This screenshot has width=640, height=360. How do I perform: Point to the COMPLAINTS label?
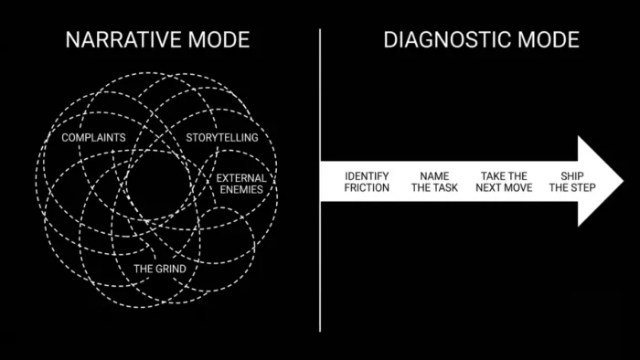click(93, 137)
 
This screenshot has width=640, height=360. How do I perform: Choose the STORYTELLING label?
click(222, 137)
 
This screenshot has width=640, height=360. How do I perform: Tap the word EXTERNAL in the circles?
click(241, 178)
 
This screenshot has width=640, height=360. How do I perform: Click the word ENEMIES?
click(241, 189)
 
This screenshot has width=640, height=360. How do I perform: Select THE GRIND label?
click(160, 269)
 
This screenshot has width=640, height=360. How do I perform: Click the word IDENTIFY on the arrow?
click(367, 176)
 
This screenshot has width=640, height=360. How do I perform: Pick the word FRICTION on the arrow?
click(367, 187)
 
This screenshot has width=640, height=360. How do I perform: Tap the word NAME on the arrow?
click(434, 176)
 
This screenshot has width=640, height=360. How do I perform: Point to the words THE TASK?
click(434, 187)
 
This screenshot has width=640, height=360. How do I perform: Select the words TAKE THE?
click(504, 176)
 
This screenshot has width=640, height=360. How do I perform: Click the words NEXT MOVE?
click(504, 187)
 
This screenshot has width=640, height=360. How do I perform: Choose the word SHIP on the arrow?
click(572, 176)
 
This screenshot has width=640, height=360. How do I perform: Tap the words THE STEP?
click(572, 187)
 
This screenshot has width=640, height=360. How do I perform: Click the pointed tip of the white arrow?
click(623, 181)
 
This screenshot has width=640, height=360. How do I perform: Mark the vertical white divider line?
click(320, 180)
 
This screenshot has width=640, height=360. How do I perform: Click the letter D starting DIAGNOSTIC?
click(390, 39)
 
